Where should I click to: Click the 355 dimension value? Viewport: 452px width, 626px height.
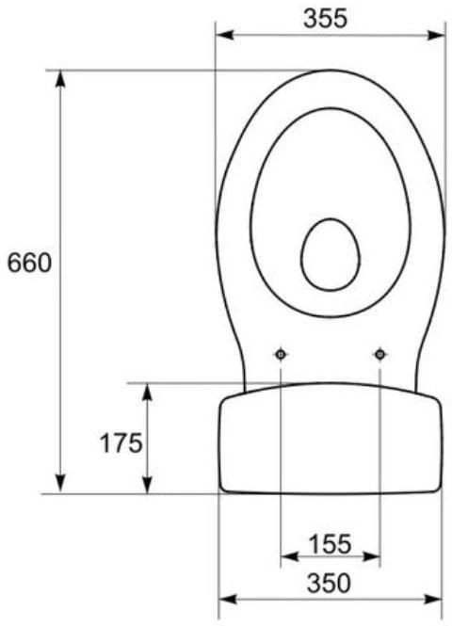click(325, 19)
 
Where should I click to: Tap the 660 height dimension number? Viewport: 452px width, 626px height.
click(29, 263)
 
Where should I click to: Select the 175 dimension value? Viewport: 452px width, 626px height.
click(121, 442)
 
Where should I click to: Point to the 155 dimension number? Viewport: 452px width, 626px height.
click(331, 544)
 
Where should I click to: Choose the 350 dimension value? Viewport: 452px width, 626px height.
click(329, 583)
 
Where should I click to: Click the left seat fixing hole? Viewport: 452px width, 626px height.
click(281, 354)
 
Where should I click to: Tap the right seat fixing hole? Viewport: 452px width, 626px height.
click(380, 354)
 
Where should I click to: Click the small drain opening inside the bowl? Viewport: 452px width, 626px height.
click(331, 254)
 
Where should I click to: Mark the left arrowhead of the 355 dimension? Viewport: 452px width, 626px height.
click(224, 35)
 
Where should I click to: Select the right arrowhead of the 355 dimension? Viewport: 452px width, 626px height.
click(436, 35)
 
